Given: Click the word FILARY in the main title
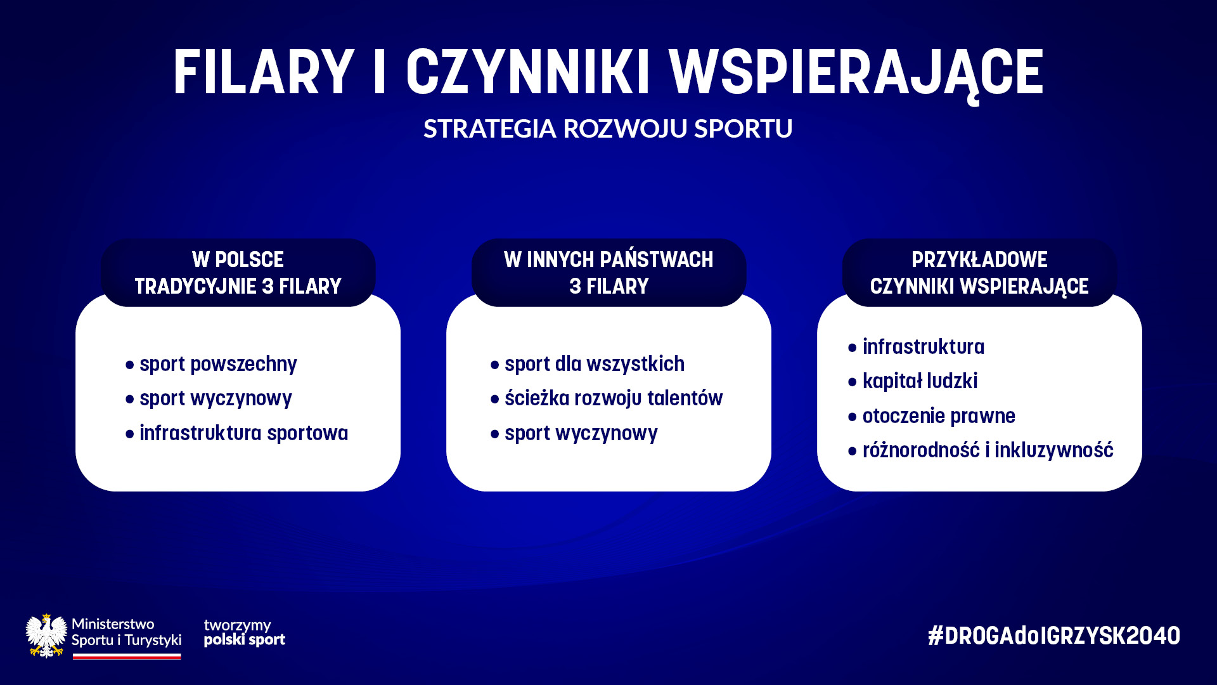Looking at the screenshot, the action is (x=264, y=72).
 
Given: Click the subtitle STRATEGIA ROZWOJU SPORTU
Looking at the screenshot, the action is (x=608, y=128).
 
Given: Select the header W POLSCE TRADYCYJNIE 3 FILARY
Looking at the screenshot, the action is (x=238, y=273).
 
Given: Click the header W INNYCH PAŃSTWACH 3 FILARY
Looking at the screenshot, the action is (x=608, y=273).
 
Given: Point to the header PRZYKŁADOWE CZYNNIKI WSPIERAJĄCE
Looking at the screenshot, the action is (x=979, y=273).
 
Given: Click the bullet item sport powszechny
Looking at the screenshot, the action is (x=218, y=365).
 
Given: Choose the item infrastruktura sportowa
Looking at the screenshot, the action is (x=244, y=433).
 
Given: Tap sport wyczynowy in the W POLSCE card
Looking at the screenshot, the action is (x=216, y=399).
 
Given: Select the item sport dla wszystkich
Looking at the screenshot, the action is (x=595, y=364).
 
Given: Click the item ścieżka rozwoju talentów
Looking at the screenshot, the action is (x=614, y=398).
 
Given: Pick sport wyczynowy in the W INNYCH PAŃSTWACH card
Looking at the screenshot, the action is (x=581, y=434).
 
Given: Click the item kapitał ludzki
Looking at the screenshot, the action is (x=920, y=381).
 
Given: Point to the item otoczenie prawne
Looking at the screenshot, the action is (x=939, y=416).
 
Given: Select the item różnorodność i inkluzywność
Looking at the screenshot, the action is (x=988, y=450).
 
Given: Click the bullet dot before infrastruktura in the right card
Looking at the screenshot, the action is (x=853, y=348).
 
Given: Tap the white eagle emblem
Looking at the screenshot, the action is (x=46, y=636).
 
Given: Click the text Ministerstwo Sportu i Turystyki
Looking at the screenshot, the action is (x=127, y=632).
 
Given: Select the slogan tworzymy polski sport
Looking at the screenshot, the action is (x=245, y=633).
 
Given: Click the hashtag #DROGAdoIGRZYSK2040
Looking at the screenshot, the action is (x=1054, y=636).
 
